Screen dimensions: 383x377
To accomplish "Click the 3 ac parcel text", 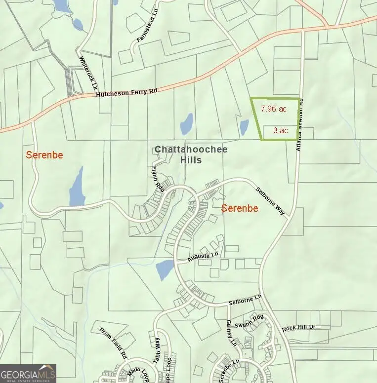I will [x=280, y=130].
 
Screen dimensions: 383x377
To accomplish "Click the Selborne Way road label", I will [x=270, y=201].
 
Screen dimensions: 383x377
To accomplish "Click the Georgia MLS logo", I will [x=28, y=373].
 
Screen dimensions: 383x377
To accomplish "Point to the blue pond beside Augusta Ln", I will [x=165, y=269].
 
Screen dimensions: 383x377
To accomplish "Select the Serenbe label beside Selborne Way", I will [x=240, y=208].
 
